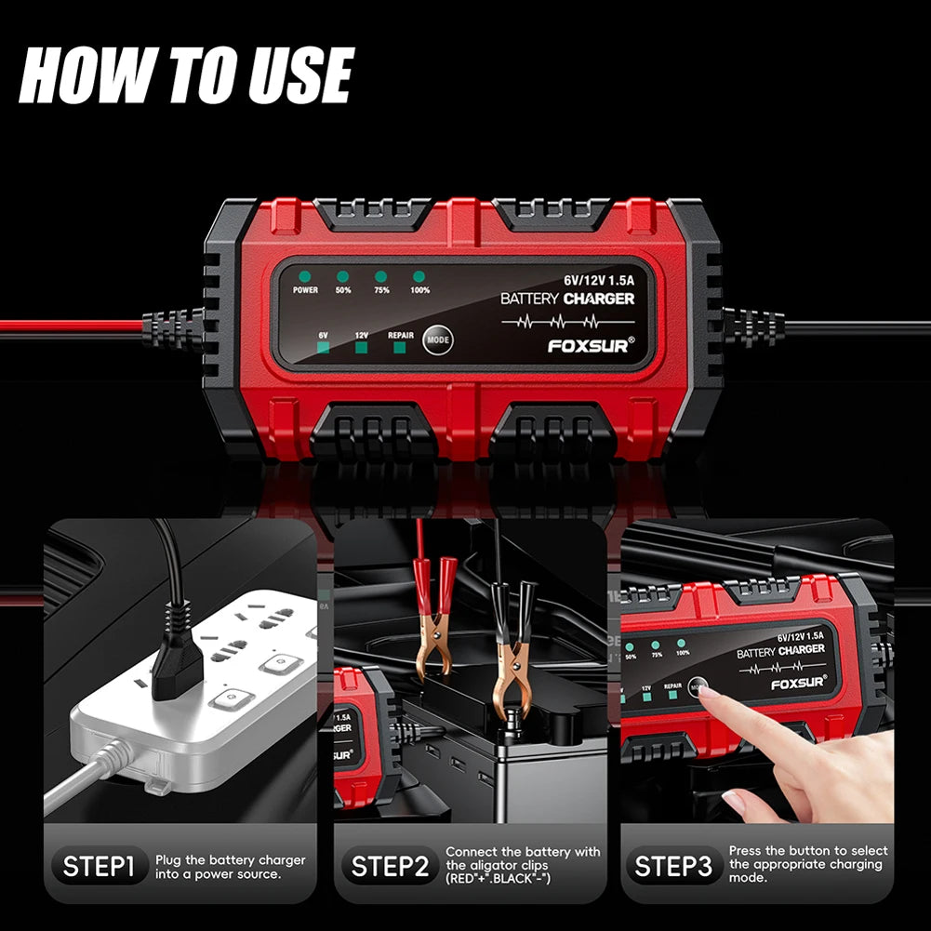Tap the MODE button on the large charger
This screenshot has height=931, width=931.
(437, 340)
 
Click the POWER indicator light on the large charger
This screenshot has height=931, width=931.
(304, 276)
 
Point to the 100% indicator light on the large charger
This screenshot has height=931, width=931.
(419, 276)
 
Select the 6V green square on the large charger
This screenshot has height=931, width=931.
(323, 349)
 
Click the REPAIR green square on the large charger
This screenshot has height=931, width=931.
(401, 349)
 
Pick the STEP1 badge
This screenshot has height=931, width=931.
(99, 868)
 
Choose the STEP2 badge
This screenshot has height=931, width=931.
(390, 868)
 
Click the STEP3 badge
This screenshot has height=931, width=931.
(672, 868)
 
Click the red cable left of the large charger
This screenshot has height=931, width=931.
(74, 327)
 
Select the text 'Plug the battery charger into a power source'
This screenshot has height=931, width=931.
(231, 868)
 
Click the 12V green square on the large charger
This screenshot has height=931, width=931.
(361, 349)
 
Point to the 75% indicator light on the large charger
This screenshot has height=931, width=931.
(380, 276)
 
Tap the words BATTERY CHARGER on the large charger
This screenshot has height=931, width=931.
(567, 299)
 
